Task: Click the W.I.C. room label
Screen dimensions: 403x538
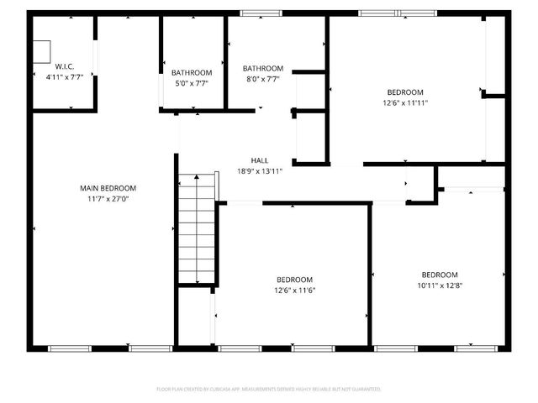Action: click(64, 65)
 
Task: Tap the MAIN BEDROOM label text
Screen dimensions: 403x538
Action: click(108, 188)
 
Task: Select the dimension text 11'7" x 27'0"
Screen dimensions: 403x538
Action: click(108, 198)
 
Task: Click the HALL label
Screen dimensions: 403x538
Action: click(260, 160)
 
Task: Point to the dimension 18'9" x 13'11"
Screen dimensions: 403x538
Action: click(260, 170)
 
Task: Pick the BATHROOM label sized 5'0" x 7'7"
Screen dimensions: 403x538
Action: click(192, 73)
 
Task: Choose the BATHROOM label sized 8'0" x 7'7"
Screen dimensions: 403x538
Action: click(263, 69)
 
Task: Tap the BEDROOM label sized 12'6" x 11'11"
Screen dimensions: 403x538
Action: click(405, 92)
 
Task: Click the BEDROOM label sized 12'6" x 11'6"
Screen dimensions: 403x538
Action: click(294, 280)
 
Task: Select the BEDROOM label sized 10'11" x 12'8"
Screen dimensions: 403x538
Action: click(440, 275)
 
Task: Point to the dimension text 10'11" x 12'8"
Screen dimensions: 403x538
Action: click(440, 285)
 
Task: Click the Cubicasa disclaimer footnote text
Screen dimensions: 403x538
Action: click(269, 389)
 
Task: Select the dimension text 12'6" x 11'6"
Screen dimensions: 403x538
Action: click(294, 290)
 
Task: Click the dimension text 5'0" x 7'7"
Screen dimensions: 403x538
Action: click(192, 83)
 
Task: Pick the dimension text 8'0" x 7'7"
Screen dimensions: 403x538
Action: click(263, 79)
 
